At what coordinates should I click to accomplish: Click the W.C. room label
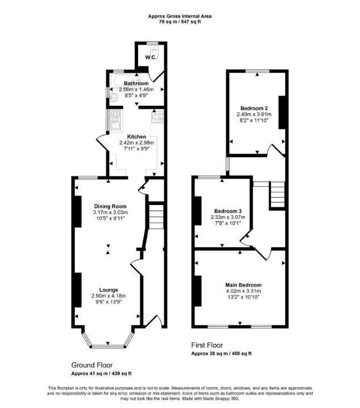(x=151, y=57)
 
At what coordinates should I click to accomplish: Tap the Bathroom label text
(x=136, y=84)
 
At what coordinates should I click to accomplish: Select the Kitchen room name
(x=136, y=136)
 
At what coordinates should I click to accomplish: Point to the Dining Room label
(x=110, y=206)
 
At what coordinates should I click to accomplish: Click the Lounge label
(x=109, y=290)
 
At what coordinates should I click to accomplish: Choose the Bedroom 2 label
(x=254, y=108)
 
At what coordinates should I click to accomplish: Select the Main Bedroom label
(x=243, y=285)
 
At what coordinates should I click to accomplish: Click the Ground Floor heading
(x=92, y=365)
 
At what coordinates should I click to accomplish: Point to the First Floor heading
(x=207, y=345)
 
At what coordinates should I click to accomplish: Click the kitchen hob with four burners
(x=157, y=116)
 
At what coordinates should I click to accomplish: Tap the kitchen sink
(x=115, y=120)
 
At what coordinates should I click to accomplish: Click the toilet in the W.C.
(x=155, y=52)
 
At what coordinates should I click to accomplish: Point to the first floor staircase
(x=278, y=195)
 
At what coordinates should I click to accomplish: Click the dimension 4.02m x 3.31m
(x=243, y=291)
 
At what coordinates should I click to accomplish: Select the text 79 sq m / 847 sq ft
(x=180, y=22)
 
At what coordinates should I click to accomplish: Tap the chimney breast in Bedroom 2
(x=282, y=112)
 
